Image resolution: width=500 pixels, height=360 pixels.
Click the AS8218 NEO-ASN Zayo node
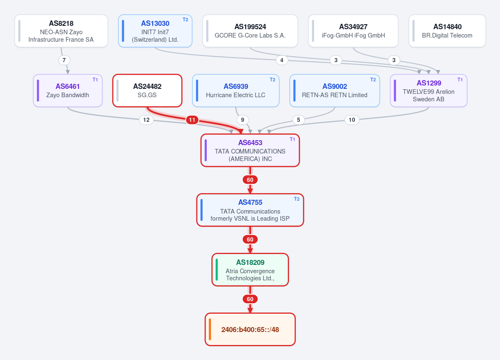pos(61,31)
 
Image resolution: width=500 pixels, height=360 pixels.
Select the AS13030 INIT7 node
pos(155,31)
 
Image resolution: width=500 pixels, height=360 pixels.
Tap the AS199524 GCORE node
pos(250,31)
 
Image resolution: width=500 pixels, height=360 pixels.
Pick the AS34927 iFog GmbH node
pos(353,31)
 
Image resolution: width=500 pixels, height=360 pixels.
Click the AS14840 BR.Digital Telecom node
pos(447,31)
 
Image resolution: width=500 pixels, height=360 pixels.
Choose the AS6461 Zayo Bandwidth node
pos(68,91)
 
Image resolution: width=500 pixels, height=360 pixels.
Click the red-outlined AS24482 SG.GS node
pos(147,91)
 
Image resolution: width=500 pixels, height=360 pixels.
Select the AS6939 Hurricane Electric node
pos(236,91)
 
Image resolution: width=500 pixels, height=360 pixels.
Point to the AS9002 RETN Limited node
pos(335,91)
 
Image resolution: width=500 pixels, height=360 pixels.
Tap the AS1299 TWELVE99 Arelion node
pos(429,91)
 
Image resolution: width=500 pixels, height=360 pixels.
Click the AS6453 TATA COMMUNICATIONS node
pos(250,150)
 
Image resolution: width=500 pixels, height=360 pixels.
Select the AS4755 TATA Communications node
pos(250,210)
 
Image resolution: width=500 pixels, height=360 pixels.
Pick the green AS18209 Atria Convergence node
pos(250,270)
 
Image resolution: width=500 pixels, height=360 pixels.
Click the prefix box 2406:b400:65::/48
pos(250,330)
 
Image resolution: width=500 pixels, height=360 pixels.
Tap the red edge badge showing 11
pos(192,120)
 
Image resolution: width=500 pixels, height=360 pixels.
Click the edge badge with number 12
pos(146,120)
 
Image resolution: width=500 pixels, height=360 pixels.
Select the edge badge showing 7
pos(64,60)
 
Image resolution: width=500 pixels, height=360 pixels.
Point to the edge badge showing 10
pos(352,120)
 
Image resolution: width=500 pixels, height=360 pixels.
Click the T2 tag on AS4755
pos(296,199)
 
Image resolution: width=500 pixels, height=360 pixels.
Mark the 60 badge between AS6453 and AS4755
pos(250,180)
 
